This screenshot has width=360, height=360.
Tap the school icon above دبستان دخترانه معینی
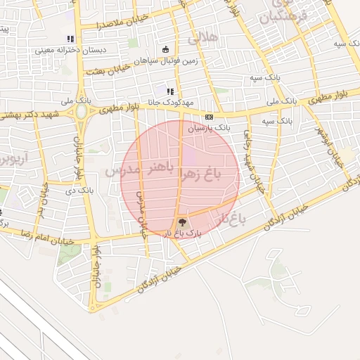pos(69,39)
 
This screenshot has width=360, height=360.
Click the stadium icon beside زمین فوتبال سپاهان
pos(165,49)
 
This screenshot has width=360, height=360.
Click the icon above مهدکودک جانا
pos(170,91)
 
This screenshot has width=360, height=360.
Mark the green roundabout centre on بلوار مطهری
pos(82,111)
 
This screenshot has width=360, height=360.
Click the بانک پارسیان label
pos(212,128)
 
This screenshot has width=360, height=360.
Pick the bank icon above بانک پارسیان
pos(209,117)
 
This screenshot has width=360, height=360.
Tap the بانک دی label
pos(79,190)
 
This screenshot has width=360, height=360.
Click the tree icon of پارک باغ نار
pos(184,222)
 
